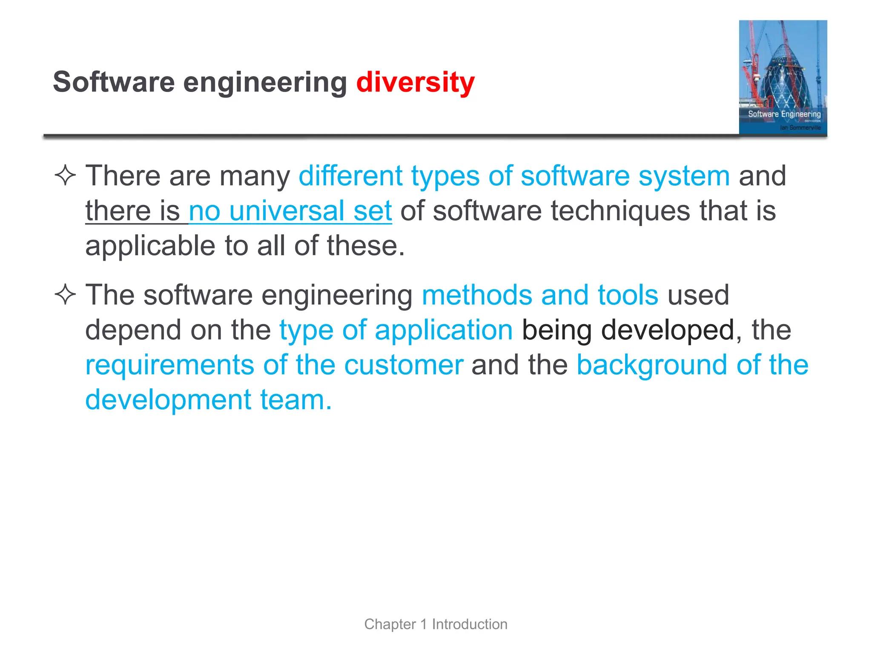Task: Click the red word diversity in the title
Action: [415, 82]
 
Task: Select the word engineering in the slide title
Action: [265, 83]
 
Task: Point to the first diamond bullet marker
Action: [65, 175]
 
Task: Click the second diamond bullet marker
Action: [65, 295]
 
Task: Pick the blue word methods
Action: [476, 295]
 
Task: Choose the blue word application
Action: [444, 330]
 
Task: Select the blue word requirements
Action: [169, 365]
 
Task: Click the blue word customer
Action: [403, 365]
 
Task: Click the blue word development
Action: [168, 400]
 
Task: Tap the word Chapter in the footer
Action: [390, 624]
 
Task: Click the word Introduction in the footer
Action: [469, 624]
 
